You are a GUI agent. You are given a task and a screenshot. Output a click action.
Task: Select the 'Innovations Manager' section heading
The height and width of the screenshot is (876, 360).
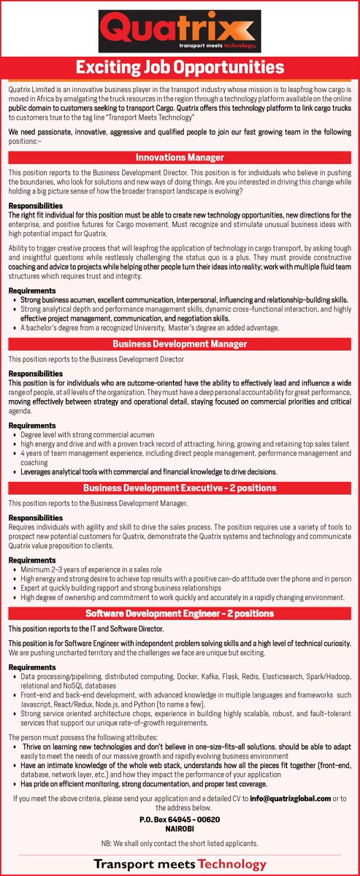180,157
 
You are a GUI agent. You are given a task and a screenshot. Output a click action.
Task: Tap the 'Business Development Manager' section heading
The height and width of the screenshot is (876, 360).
180,344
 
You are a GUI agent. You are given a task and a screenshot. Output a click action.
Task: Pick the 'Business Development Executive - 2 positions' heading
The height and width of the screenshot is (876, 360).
180,487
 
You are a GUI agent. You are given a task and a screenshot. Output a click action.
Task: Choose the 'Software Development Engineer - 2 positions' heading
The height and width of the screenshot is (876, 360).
180,615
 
